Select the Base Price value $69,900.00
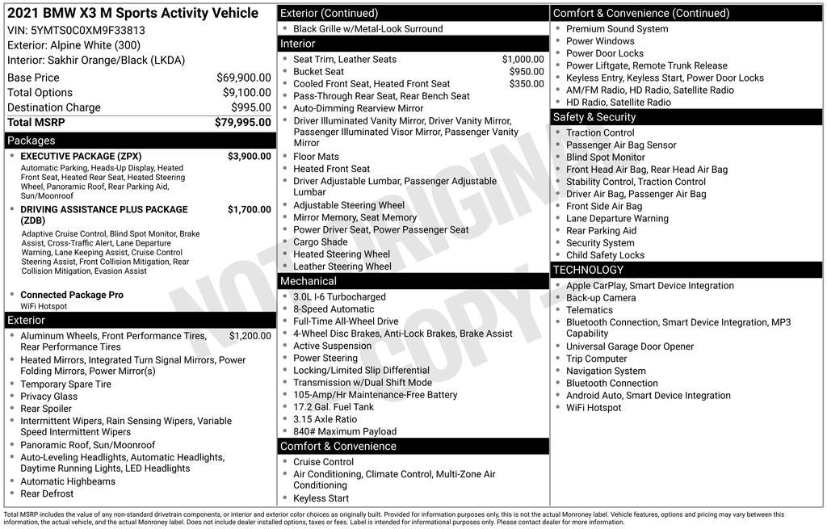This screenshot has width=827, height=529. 244,78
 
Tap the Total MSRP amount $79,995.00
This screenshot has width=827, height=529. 242,123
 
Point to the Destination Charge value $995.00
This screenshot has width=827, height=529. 250,107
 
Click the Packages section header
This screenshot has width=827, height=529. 31,141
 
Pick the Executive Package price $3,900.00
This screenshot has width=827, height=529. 249,157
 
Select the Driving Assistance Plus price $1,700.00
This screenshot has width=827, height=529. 249,210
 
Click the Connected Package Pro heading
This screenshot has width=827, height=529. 72,295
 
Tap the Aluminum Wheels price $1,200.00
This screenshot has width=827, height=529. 250,336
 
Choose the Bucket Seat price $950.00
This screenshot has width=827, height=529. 526,72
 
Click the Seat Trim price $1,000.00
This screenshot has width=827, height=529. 523,60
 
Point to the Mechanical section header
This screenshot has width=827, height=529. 309,281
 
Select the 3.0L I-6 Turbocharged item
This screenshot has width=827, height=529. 339,297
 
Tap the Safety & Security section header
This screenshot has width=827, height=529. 594,117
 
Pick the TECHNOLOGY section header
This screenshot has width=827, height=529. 589,270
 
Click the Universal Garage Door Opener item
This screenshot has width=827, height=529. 630,346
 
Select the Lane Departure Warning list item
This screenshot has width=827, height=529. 617,218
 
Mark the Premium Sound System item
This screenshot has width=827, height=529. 617,29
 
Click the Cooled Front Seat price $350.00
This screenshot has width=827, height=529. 526,84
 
